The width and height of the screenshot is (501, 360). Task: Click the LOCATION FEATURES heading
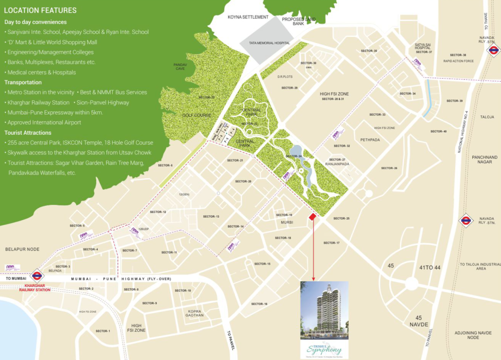coord(40,10)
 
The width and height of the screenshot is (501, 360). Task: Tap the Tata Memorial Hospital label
coord(269,43)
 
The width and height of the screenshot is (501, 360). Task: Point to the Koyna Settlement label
coord(248,17)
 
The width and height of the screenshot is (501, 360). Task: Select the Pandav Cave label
coord(180,67)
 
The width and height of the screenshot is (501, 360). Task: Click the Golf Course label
coord(196,115)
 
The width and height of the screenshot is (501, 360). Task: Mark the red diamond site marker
coord(312,217)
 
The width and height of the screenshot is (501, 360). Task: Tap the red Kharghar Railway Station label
coord(35,288)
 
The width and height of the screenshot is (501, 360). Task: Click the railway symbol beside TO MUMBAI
coord(37,275)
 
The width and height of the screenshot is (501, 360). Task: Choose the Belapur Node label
coord(22,249)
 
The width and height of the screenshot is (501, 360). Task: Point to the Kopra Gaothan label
coord(194,313)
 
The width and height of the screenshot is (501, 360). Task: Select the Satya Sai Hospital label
coord(423,47)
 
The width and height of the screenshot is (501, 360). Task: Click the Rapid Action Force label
coord(458,61)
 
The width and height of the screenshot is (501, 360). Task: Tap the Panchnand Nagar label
coord(484,159)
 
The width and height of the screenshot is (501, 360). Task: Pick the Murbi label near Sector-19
coord(287,222)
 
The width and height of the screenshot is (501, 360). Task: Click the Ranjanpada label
coord(337,164)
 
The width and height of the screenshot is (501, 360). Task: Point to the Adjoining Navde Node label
coord(473,335)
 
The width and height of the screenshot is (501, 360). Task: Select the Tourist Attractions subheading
coord(28,133)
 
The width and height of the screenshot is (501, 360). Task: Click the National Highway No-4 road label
coord(462,132)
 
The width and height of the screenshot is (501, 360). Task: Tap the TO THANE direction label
coord(486,21)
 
